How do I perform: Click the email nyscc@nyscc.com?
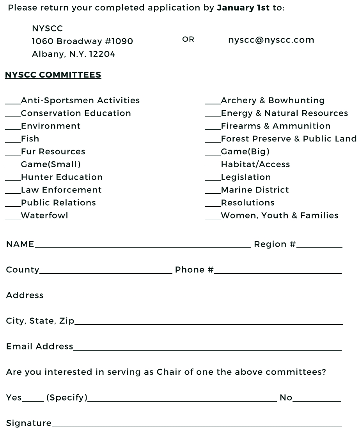click(271, 40)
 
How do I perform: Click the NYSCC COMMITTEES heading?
click(53, 75)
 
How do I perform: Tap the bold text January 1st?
click(243, 8)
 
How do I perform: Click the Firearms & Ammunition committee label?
click(275, 126)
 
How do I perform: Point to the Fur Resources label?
click(53, 152)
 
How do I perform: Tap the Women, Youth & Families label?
click(279, 215)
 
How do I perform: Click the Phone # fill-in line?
click(278, 272)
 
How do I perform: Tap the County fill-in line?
click(106, 272)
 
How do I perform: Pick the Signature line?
click(197, 425)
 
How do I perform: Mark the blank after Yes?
click(33, 400)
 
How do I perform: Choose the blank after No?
click(317, 400)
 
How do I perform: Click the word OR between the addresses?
click(188, 39)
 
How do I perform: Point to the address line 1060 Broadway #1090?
click(82, 41)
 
